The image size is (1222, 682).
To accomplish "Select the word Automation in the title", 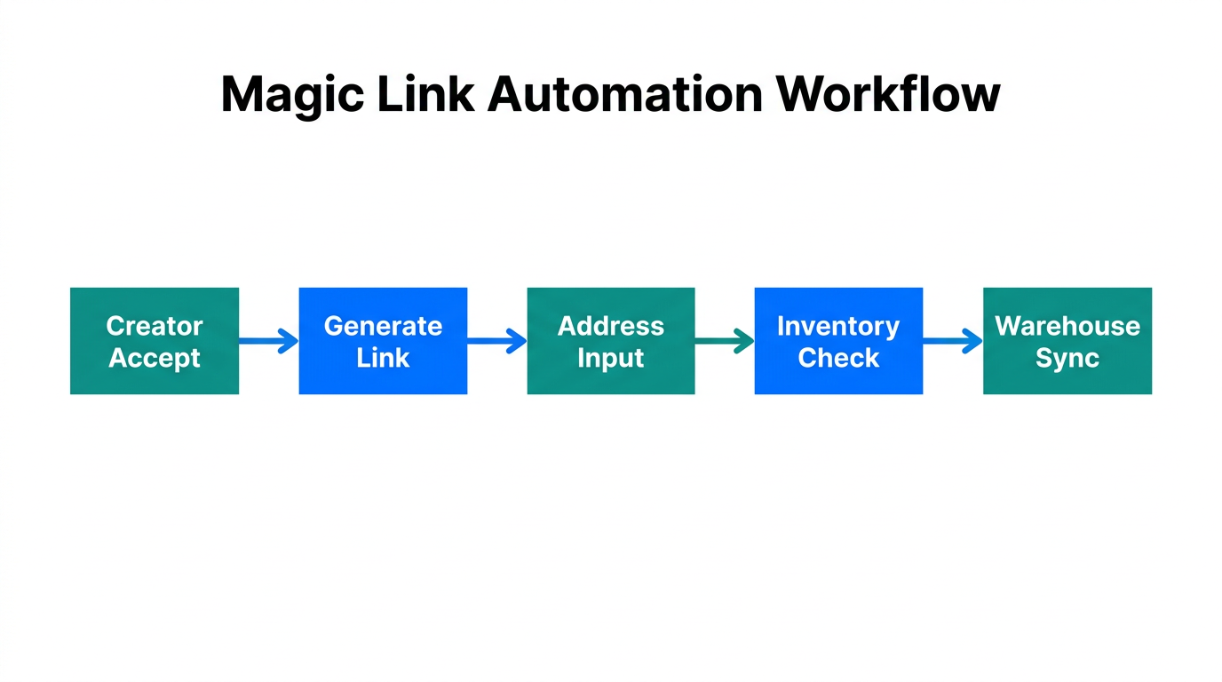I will click(x=624, y=94).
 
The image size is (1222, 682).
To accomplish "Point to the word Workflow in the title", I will click(x=887, y=94).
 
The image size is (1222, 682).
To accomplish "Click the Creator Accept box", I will click(x=155, y=341).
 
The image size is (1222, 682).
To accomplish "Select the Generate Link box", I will click(x=383, y=341).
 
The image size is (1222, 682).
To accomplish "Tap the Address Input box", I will click(x=611, y=341).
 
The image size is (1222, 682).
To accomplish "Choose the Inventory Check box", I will click(x=838, y=341).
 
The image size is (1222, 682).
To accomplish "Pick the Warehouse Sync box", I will click(x=1067, y=341).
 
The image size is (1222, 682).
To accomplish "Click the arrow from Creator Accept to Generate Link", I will click(x=268, y=341).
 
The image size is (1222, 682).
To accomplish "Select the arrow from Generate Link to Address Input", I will click(x=496, y=341).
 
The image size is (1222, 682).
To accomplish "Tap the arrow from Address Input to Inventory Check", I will click(x=725, y=341).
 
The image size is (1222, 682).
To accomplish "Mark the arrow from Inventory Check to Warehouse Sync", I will click(x=953, y=341).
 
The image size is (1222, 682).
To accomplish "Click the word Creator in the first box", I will click(x=155, y=326).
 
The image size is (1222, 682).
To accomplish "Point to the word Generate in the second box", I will click(x=383, y=326).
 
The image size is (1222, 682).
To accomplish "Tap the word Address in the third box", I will click(x=611, y=326).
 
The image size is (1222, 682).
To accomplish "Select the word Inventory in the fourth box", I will click(x=838, y=326).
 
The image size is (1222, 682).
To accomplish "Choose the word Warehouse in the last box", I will click(x=1067, y=326).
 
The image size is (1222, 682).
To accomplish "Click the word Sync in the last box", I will click(x=1067, y=358).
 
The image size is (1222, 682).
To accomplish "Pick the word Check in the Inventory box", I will click(x=838, y=358).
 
